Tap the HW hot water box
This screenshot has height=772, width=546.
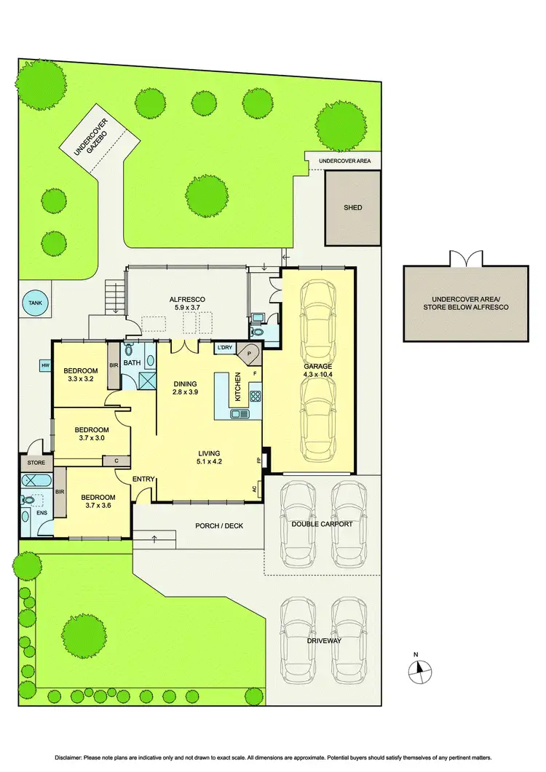click(45, 366)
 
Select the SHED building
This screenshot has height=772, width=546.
click(352, 207)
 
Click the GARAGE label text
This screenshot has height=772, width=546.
click(317, 367)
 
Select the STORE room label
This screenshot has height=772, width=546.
click(36, 462)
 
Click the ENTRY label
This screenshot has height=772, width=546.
click(143, 478)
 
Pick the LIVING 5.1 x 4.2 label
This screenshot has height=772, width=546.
click(209, 458)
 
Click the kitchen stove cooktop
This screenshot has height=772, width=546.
click(256, 397)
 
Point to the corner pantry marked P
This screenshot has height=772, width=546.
click(250, 353)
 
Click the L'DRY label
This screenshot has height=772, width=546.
click(223, 348)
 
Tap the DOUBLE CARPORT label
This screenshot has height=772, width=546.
click(321, 524)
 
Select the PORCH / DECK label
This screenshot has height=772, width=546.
click(219, 525)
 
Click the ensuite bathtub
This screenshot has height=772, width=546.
click(33, 480)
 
